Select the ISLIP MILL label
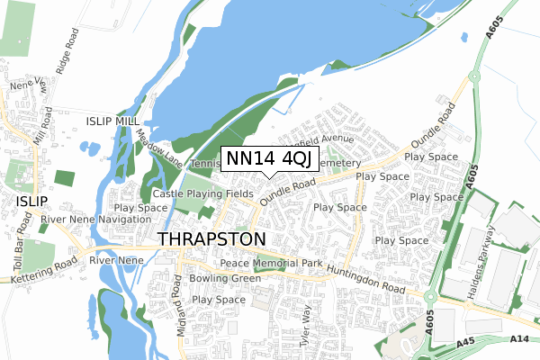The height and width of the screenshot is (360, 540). tap(113, 121)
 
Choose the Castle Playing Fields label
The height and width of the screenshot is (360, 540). tap(202, 193)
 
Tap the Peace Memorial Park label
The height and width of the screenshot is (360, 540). tap(271, 263)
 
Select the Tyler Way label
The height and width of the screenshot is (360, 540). tap(307, 326)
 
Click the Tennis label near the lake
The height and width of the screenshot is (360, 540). tap(204, 164)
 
